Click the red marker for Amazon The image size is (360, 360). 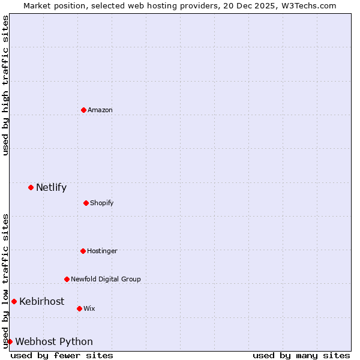tap(83, 110)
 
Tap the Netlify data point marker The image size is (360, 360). tap(31, 187)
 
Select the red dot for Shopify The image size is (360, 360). tap(86, 203)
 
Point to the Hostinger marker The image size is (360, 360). tap(83, 251)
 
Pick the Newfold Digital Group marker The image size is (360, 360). tap(67, 279)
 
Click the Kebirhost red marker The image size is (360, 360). tap(14, 301)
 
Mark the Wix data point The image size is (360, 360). tap(79, 308)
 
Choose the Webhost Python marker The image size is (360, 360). tap(10, 341)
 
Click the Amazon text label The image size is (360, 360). tap(100, 110)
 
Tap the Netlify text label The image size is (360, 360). tap(51, 187)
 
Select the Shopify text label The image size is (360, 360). tap(102, 203)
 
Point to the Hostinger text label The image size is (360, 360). tap(102, 251)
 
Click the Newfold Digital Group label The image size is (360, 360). tap(106, 279)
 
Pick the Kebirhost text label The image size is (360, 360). tap(41, 301)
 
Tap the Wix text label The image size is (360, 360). tap(89, 308)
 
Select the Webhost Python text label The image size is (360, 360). tap(54, 341)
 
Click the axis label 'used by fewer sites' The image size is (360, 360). tap(62, 355)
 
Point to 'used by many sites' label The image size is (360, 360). tap(301, 355)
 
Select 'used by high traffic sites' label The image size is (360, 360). tap(5, 85)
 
